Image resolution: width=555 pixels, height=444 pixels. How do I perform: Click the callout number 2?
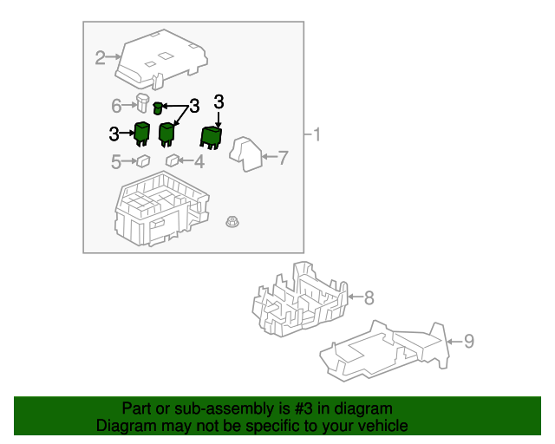click(101, 58)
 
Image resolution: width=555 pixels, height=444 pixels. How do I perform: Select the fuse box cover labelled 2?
click(161, 59)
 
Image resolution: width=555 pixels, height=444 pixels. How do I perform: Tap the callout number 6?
click(116, 106)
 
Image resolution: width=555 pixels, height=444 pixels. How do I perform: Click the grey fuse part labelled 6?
click(142, 102)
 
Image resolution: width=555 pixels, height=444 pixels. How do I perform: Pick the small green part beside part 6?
click(158, 108)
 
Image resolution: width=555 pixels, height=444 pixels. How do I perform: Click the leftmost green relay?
click(141, 134)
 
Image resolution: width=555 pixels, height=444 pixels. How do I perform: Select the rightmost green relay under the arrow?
click(212, 138)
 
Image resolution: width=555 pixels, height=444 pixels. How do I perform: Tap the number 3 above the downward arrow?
click(219, 102)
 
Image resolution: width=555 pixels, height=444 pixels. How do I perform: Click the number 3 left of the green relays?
click(114, 134)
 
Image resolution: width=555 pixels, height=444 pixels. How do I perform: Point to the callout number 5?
click(116, 162)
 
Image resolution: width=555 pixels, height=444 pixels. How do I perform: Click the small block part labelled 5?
click(143, 161)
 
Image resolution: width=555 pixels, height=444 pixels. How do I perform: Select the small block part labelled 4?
click(173, 160)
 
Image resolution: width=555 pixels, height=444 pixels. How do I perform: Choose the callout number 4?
click(199, 161)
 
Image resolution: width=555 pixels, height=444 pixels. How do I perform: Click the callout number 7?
click(283, 158)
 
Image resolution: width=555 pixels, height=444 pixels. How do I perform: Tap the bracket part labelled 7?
click(245, 154)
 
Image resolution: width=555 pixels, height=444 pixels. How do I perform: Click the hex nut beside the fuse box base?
click(232, 222)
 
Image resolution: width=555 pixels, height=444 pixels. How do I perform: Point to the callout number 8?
click(369, 297)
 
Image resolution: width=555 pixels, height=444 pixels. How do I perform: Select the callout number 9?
click(469, 342)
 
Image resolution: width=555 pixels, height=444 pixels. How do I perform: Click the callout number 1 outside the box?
click(317, 135)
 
